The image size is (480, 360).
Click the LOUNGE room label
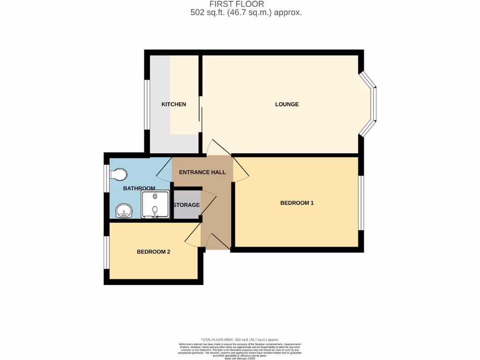pyautogui.click(x=286, y=104)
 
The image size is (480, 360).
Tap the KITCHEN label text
pyautogui.click(x=173, y=104)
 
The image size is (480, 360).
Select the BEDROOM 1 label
pyautogui.click(x=297, y=203)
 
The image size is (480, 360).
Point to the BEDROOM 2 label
pyautogui.click(x=153, y=252)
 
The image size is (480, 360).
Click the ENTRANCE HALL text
pyautogui.click(x=202, y=172)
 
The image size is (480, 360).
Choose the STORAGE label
pyautogui.click(x=186, y=205)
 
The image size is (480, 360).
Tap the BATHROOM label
pyautogui.click(x=139, y=188)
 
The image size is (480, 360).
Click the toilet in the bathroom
pyautogui.click(x=118, y=175)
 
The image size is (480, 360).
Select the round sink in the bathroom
pyautogui.click(x=124, y=211)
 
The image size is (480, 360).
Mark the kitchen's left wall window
pyautogui.click(x=147, y=104)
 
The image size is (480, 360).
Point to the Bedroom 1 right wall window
pyautogui.click(x=361, y=203)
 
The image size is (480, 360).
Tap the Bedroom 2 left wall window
pyautogui.click(x=107, y=252)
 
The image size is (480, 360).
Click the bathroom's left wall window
pyautogui.click(x=107, y=177)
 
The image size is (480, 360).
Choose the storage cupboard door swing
pyautogui.click(x=208, y=202)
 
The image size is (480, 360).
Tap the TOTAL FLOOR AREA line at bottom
pyautogui.click(x=240, y=339)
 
